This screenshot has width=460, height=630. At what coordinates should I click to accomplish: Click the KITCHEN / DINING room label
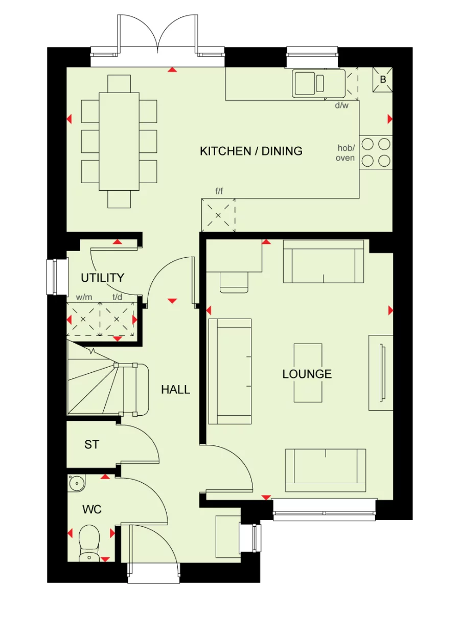pos(251,151)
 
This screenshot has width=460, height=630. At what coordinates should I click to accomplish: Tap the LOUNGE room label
pos(307,374)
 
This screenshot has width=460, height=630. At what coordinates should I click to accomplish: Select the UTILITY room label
pos(103,278)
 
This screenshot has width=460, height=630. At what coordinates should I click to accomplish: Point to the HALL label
pos(176,389)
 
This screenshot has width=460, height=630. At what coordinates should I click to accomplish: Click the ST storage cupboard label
pos(91,445)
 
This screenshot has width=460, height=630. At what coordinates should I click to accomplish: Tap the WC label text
pos(92,509)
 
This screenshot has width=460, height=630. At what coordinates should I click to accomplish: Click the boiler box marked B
pos(383,80)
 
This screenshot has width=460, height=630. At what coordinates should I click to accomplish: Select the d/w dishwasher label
pos(341,106)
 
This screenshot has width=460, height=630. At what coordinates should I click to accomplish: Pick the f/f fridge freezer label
pos(219,191)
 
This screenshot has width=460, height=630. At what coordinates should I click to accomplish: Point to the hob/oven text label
pos(346,153)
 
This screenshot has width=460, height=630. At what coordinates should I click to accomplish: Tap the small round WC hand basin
pos(77,482)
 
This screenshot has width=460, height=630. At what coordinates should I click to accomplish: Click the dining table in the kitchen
pos(119,141)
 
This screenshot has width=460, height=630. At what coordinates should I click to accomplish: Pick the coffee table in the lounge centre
pos(308,373)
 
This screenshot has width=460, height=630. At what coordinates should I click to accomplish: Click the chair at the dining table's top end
pos(119,83)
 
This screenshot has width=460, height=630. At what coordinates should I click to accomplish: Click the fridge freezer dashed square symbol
pos(218,215)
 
